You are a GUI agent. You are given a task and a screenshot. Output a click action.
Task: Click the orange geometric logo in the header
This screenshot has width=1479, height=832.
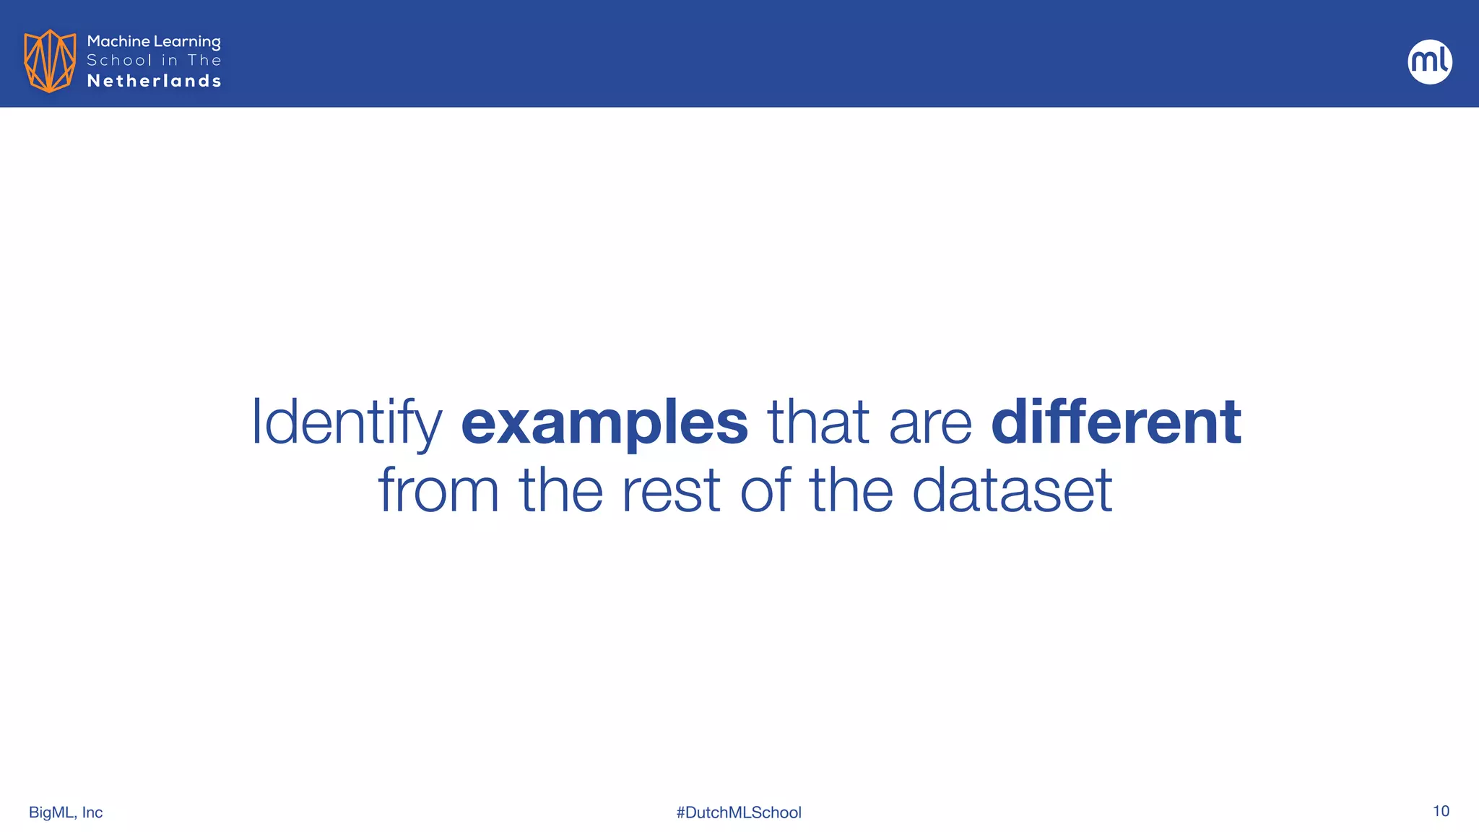click(x=50, y=61)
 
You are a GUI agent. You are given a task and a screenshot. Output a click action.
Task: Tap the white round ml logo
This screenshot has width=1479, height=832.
click(x=1430, y=61)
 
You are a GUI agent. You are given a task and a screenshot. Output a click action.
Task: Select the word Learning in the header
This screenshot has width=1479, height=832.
click(x=187, y=43)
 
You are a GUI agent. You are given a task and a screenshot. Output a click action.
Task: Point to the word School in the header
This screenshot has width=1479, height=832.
click(x=120, y=61)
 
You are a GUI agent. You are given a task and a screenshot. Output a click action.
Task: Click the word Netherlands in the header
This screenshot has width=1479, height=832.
click(x=154, y=81)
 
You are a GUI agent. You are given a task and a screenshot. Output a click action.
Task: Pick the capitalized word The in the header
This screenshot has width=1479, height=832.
click(x=204, y=61)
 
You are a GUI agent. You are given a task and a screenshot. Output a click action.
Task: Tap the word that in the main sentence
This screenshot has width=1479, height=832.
click(x=817, y=422)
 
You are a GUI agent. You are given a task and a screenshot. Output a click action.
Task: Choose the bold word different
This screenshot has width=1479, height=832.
click(x=1116, y=422)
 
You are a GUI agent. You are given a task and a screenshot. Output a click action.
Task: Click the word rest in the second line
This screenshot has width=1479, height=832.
click(x=671, y=491)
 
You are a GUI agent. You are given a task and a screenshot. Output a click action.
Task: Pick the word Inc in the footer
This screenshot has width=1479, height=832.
click(x=92, y=812)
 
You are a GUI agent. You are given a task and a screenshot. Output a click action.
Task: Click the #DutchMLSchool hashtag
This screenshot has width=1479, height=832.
click(x=739, y=812)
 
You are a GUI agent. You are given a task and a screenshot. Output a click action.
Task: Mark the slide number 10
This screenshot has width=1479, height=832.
click(x=1441, y=811)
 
